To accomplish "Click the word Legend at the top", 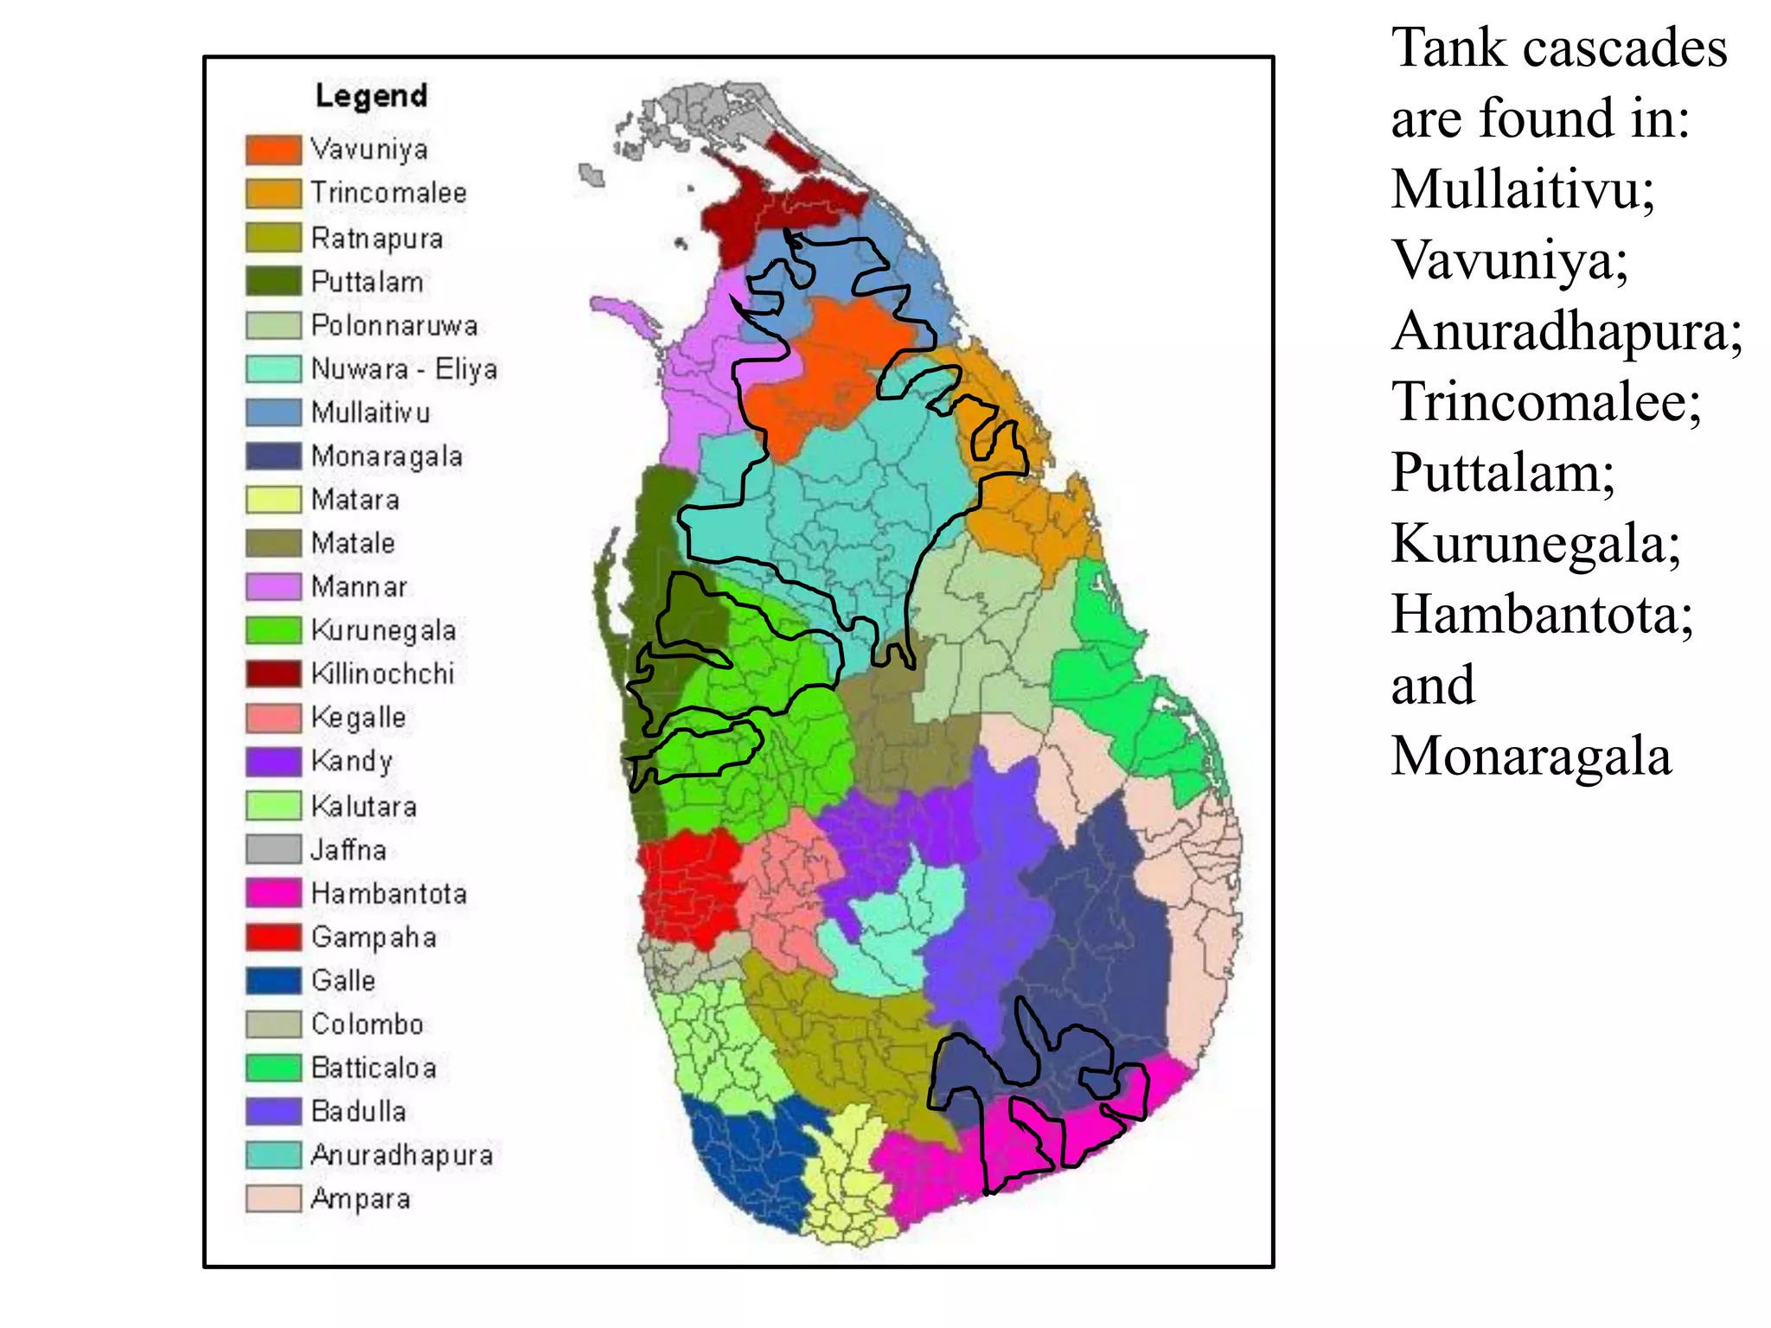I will [x=371, y=95].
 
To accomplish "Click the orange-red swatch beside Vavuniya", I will [x=273, y=150].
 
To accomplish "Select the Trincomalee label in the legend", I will [x=388, y=193].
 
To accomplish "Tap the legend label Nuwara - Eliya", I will [x=404, y=369].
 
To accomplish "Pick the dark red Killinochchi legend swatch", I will [x=273, y=674].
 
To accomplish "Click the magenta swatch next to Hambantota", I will [x=273, y=893].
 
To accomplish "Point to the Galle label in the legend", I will [x=343, y=980].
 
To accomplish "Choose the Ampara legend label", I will [x=360, y=1199].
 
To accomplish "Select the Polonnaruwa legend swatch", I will [x=273, y=325].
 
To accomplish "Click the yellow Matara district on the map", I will [x=847, y=1184].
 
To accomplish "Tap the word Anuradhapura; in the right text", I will [x=1566, y=330].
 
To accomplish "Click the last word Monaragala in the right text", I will [x=1531, y=756].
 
